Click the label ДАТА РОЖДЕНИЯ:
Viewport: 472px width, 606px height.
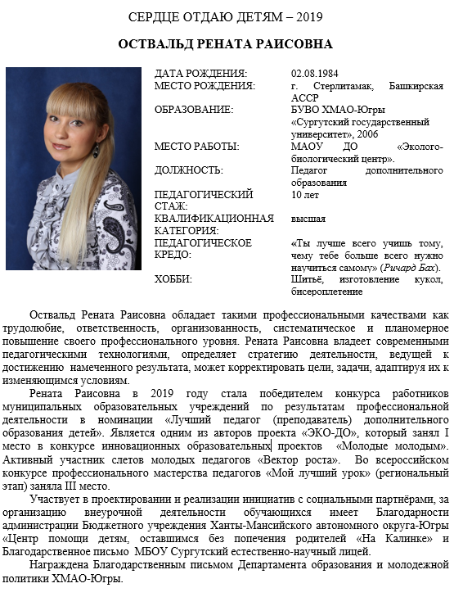click(x=200, y=73)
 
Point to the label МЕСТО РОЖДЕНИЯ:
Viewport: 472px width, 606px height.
click(x=205, y=86)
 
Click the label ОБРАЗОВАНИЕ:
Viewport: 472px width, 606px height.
click(x=194, y=110)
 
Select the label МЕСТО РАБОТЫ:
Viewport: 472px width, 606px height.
click(x=197, y=147)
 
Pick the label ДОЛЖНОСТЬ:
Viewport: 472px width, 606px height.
click(x=188, y=170)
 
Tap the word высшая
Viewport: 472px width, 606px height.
click(x=308, y=219)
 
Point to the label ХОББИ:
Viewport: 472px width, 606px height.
click(x=173, y=279)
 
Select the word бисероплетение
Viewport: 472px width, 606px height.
click(x=326, y=291)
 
